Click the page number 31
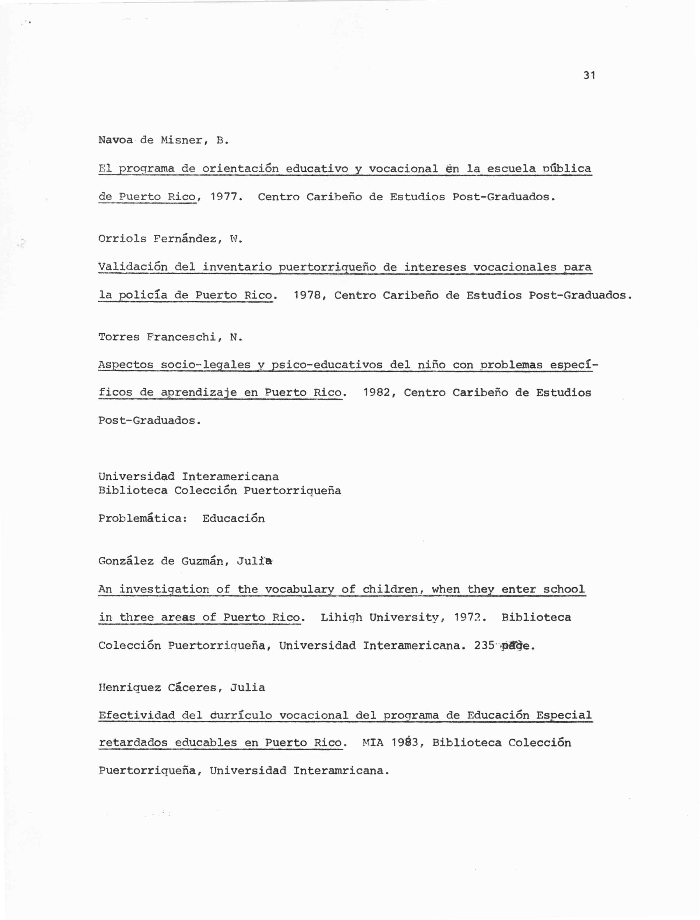point(589,76)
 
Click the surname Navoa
point(115,140)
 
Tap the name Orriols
point(122,239)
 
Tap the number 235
point(484,646)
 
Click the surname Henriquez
point(129,688)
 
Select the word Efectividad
point(136,716)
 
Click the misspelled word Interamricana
point(341,771)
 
